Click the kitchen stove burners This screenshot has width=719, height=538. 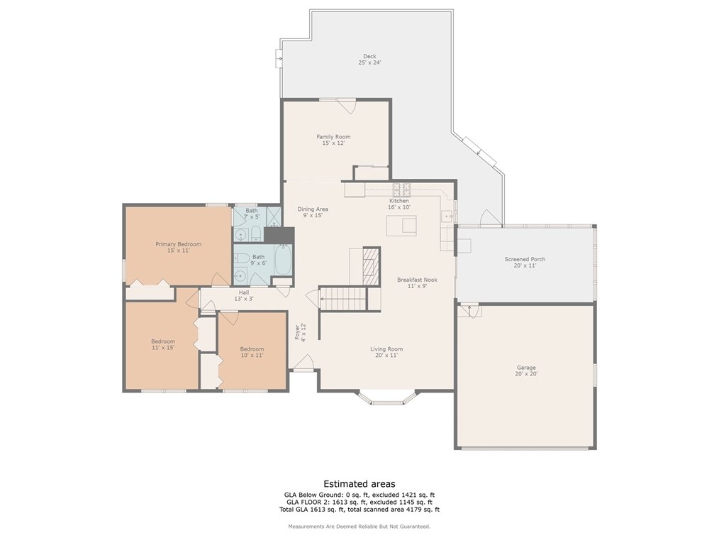click(x=401, y=188)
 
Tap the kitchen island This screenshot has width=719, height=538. click(x=401, y=226)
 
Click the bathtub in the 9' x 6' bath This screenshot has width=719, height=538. click(x=284, y=258)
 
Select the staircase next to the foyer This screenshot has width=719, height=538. click(x=343, y=298)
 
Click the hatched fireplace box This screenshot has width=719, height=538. click(x=372, y=266)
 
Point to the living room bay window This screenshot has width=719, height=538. click(x=386, y=397)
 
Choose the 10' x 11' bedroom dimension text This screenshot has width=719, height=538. click(x=252, y=356)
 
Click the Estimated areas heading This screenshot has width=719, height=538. click(x=359, y=483)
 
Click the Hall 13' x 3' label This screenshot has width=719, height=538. click(x=244, y=295)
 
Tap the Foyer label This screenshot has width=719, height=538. click(x=297, y=333)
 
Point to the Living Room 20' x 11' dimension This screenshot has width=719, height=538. click(x=386, y=356)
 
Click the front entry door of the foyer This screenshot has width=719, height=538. click(x=303, y=363)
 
